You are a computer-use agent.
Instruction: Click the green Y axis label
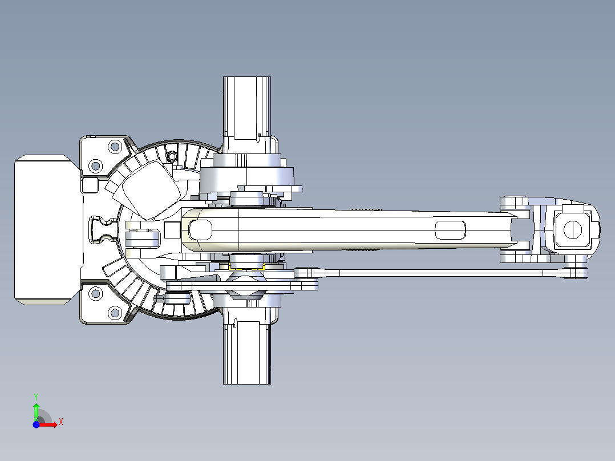click(36, 397)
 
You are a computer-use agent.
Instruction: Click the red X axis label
click(61, 422)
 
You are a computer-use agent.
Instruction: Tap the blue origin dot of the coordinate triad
click(36, 424)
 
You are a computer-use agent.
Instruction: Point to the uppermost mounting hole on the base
click(115, 147)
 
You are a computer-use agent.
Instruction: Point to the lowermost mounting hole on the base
click(115, 313)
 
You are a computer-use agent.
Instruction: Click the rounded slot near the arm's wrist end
click(450, 230)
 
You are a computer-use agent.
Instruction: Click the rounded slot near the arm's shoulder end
click(200, 230)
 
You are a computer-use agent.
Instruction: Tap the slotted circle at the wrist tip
click(573, 229)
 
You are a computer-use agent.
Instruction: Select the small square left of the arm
click(172, 230)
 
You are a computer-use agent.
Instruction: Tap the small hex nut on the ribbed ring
click(172, 156)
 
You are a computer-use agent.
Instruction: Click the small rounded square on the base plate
click(90, 185)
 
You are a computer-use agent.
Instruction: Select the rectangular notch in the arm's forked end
click(520, 230)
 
